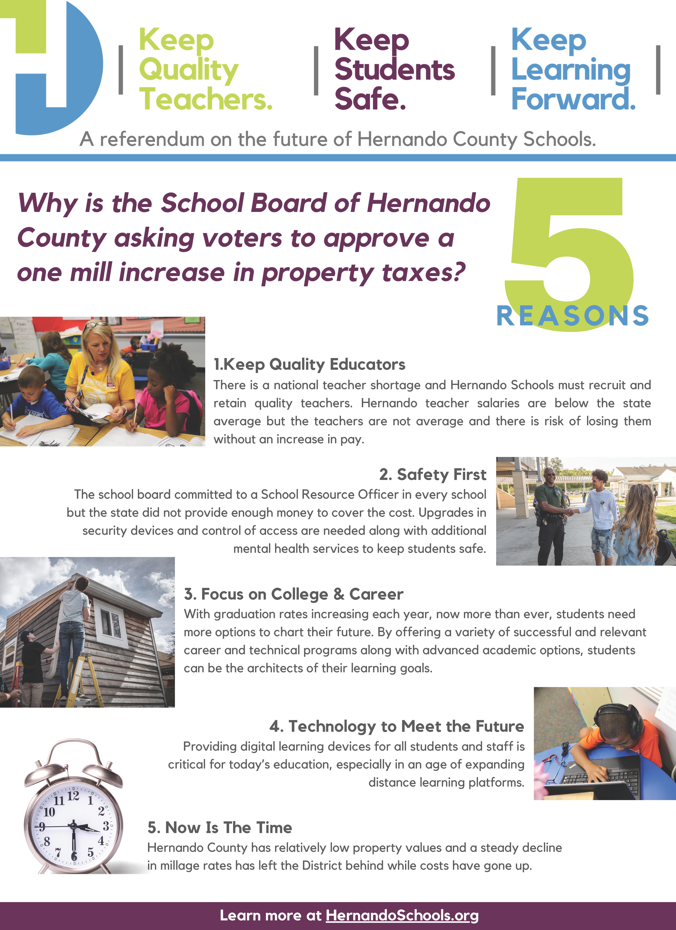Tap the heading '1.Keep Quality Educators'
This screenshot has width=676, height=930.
coord(310,364)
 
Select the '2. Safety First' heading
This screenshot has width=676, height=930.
coord(432,474)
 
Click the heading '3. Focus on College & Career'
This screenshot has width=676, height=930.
coord(293,594)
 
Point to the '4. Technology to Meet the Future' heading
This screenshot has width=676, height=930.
coord(396,726)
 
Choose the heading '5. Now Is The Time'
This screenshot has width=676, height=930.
coord(220,827)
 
